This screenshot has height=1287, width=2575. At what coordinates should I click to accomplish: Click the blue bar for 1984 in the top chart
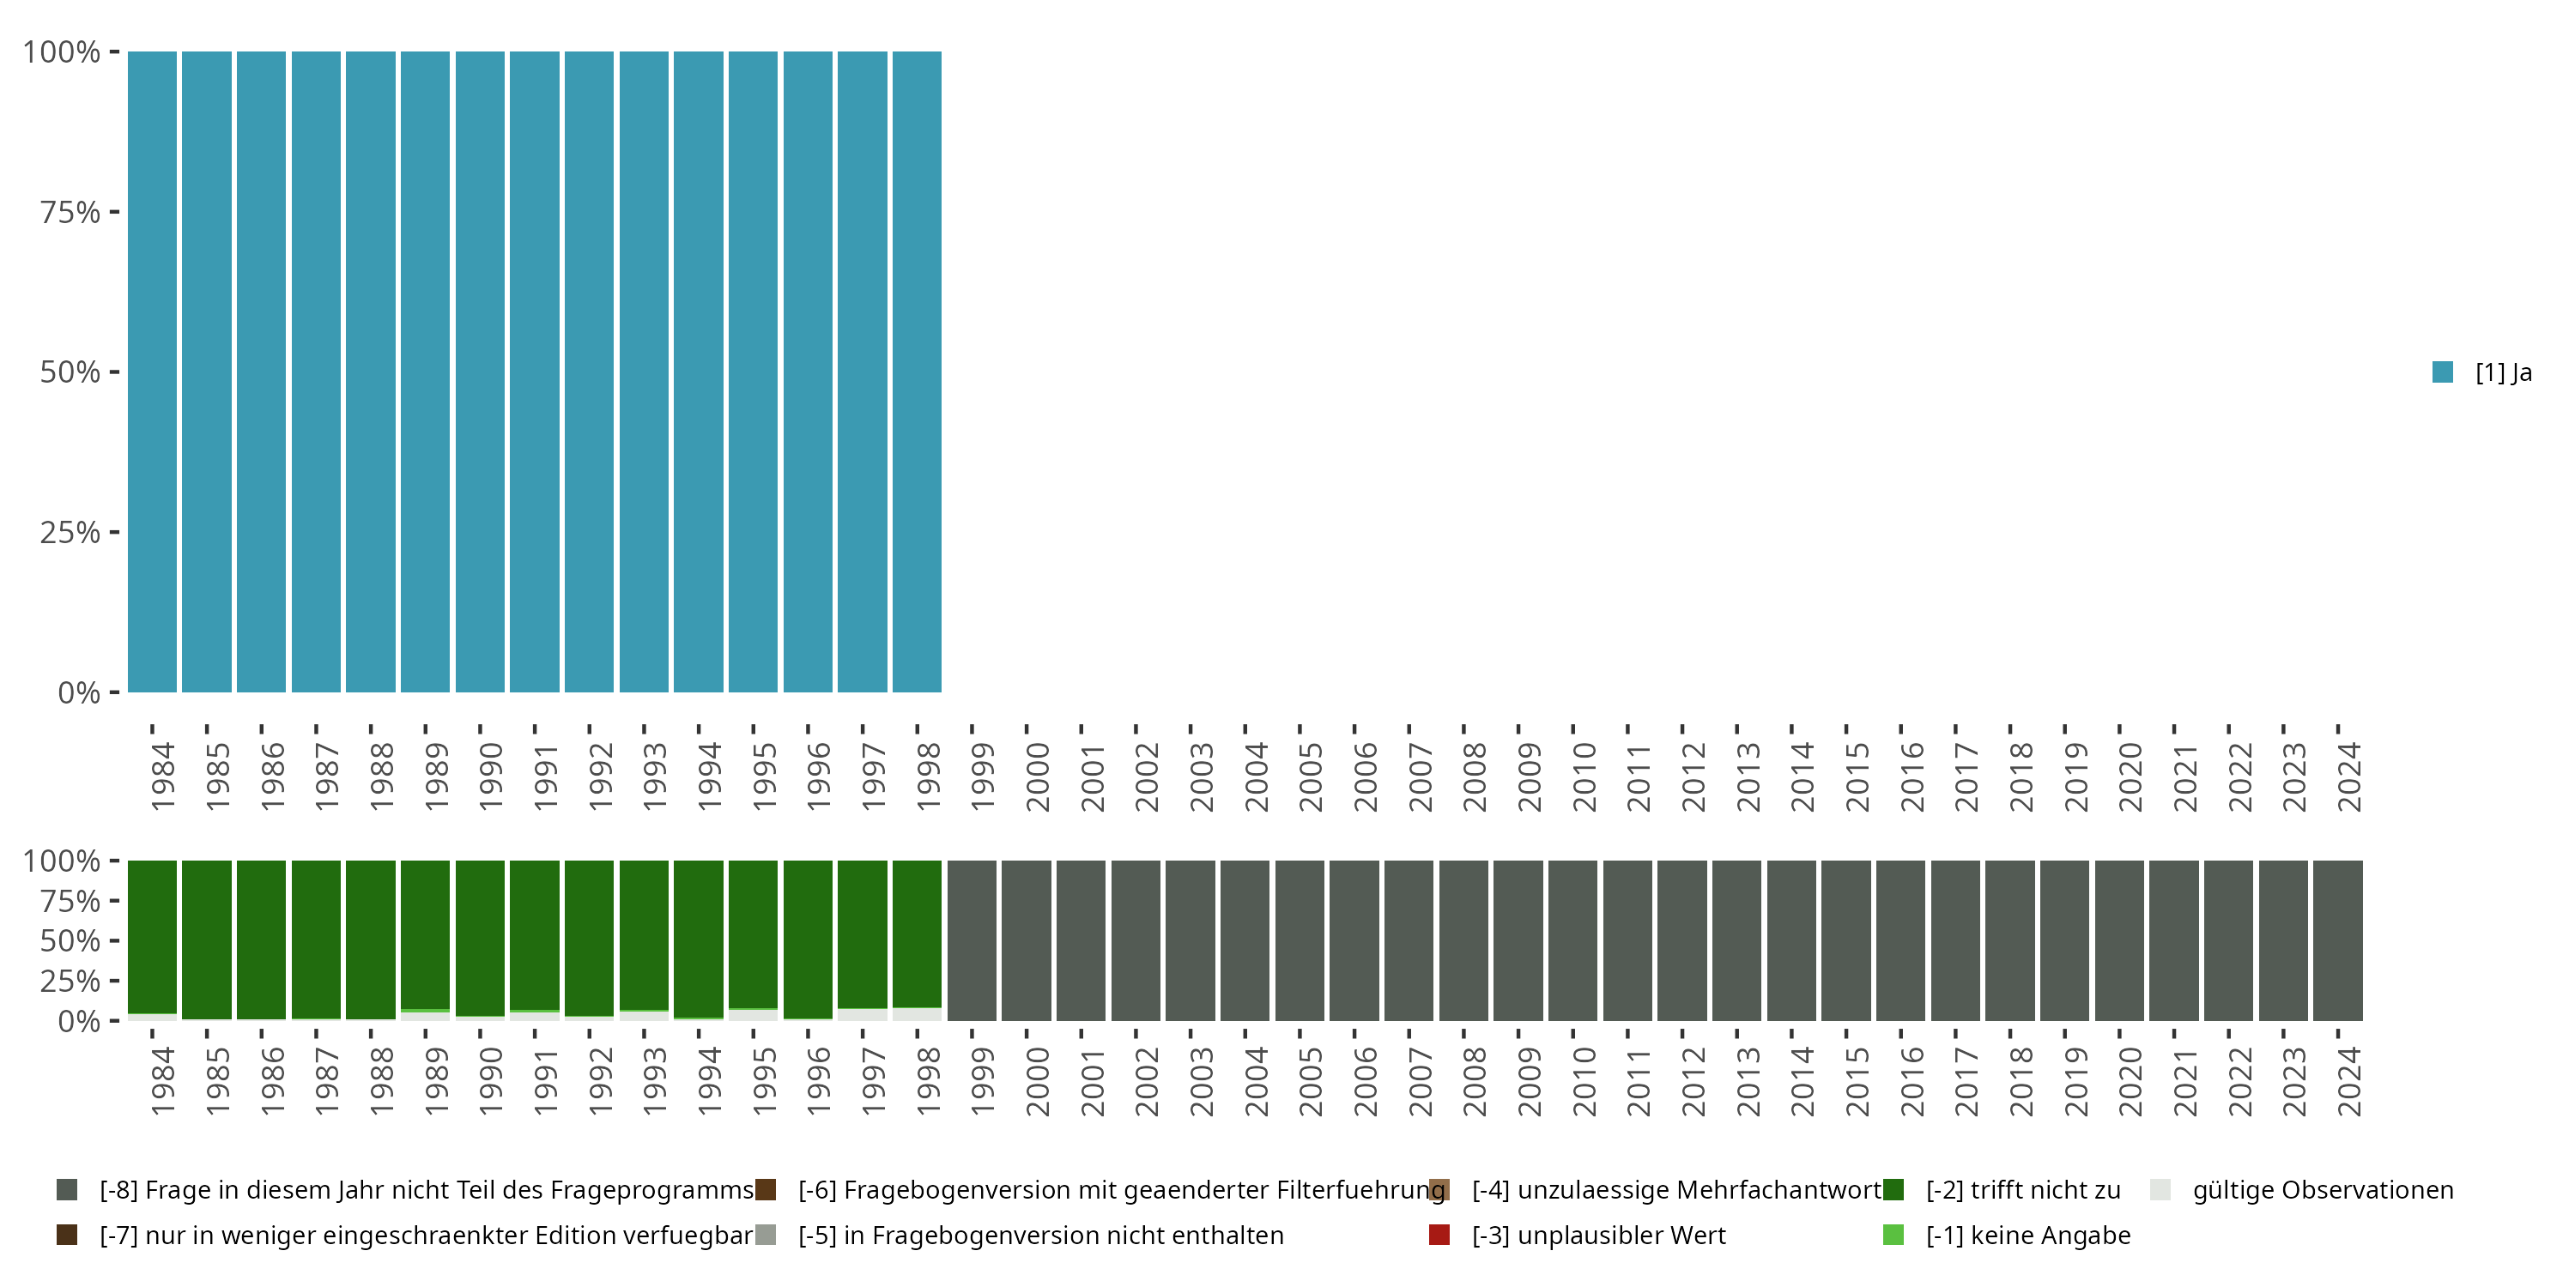click(x=152, y=372)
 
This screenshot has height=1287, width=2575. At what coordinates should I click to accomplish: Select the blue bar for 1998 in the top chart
click(x=917, y=372)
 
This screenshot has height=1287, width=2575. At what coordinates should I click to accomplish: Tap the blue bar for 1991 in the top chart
click(x=535, y=372)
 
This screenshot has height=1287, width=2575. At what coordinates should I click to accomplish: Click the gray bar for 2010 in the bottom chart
click(x=1573, y=940)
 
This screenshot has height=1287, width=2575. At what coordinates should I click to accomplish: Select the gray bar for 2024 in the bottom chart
click(x=2338, y=940)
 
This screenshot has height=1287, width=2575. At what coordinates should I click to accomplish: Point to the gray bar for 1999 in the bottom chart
click(x=972, y=940)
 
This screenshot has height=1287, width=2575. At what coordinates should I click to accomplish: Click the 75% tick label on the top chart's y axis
click(x=70, y=212)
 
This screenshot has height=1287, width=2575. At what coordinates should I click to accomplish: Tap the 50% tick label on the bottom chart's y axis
click(x=70, y=941)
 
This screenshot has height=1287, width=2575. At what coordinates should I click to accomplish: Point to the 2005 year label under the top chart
click(x=1311, y=776)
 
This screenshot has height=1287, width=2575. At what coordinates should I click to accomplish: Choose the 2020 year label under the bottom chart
click(x=2130, y=1081)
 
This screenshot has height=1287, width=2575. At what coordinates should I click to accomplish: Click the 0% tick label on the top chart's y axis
click(x=79, y=692)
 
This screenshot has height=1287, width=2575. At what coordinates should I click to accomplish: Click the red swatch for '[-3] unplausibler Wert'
click(x=1439, y=1235)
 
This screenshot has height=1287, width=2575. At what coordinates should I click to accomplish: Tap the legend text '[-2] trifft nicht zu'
click(x=2023, y=1190)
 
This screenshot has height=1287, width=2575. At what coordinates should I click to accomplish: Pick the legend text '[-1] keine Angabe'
click(x=2028, y=1235)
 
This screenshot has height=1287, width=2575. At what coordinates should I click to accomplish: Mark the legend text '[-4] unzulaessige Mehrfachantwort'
click(x=1676, y=1190)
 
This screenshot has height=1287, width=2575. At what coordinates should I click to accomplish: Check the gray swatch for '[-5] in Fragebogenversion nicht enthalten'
click(x=766, y=1235)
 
